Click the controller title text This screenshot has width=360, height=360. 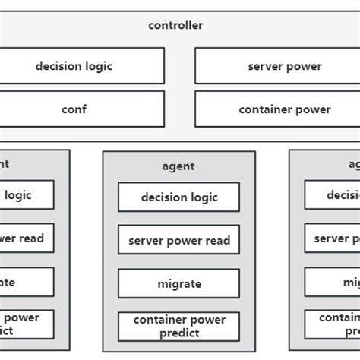click(175, 25)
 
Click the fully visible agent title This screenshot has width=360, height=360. click(178, 166)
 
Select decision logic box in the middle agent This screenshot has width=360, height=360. click(178, 197)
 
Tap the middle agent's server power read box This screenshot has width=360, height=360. click(178, 240)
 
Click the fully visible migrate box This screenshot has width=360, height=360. click(178, 283)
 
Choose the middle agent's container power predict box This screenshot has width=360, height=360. click(178, 326)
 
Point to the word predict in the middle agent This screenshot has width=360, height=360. click(179, 333)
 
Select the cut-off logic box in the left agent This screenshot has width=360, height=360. click(27, 195)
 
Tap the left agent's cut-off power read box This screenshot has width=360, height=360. click(27, 238)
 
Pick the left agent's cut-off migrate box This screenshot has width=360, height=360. click(27, 282)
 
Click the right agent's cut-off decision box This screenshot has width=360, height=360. click(332, 195)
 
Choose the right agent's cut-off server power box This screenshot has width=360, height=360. click(332, 238)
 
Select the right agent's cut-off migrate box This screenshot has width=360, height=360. click(332, 282)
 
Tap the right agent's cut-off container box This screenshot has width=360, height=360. click(332, 324)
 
